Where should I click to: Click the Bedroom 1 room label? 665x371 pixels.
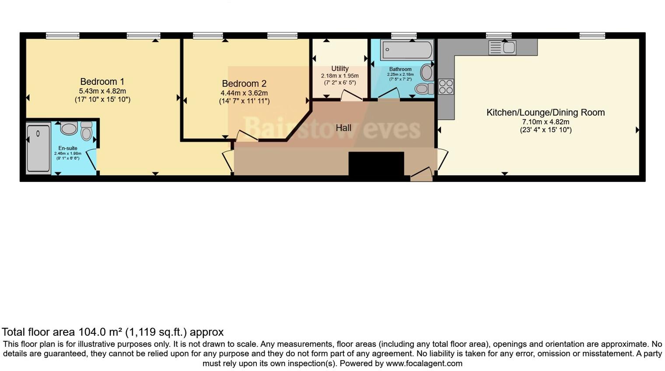pyautogui.click(x=102, y=82)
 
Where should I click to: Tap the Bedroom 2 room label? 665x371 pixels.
pyautogui.click(x=244, y=84)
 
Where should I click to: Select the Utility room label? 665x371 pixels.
pyautogui.click(x=339, y=69)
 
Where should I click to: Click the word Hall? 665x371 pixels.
pyautogui.click(x=343, y=128)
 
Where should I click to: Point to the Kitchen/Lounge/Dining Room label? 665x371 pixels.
pyautogui.click(x=545, y=112)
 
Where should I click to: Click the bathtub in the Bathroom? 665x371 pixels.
pyautogui.click(x=407, y=49)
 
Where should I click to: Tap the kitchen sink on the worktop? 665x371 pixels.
pyautogui.click(x=502, y=47)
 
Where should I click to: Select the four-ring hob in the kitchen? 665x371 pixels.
pyautogui.click(x=446, y=87)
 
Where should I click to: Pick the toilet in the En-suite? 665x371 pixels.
pyautogui.click(x=86, y=132)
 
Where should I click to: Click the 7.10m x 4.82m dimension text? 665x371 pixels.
pyautogui.click(x=545, y=122)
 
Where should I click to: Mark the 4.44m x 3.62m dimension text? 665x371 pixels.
pyautogui.click(x=244, y=93)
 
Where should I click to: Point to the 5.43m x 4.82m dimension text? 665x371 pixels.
pyautogui.click(x=102, y=91)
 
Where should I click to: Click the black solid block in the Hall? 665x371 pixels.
pyautogui.click(x=376, y=164)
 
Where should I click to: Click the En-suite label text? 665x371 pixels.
pyautogui.click(x=67, y=148)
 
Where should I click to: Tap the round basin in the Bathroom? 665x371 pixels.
pyautogui.click(x=427, y=72)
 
